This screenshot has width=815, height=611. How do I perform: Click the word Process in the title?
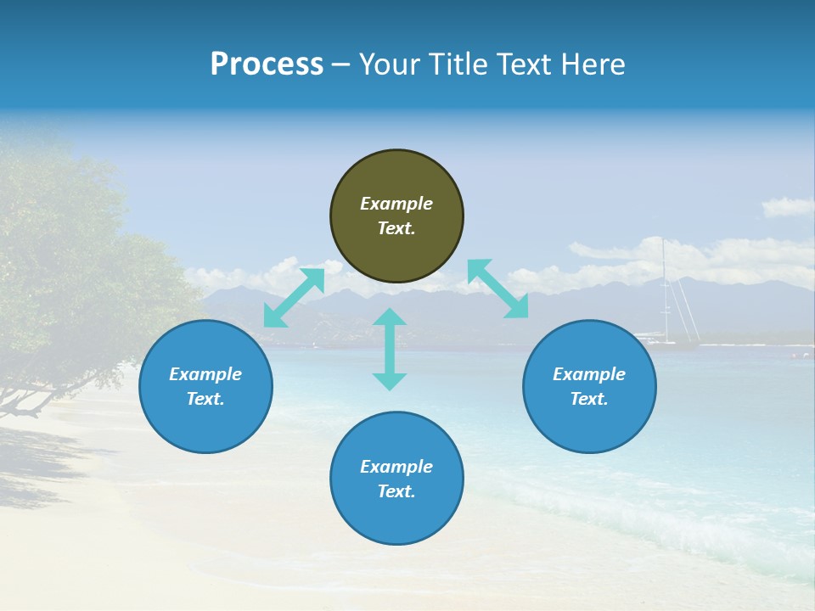[267, 64]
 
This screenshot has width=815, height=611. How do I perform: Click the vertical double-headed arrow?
[390, 349]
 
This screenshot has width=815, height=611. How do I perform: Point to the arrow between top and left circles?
[294, 297]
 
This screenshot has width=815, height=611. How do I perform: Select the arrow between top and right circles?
[497, 289]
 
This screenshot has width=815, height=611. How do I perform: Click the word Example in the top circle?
[396, 204]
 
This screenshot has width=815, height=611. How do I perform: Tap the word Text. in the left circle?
[205, 399]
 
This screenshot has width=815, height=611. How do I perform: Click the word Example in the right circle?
[589, 374]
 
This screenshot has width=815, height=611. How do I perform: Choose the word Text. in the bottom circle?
[396, 491]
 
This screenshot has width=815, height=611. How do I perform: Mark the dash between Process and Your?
[340, 65]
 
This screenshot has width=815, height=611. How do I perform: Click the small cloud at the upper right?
[787, 207]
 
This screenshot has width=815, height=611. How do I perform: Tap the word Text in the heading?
[524, 64]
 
